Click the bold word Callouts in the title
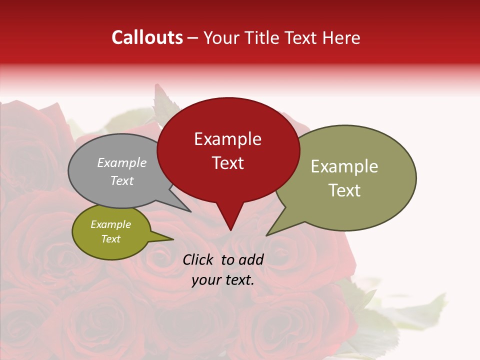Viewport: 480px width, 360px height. click(147, 37)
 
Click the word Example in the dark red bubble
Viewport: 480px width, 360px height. click(227, 139)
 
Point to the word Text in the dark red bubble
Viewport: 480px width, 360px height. click(227, 163)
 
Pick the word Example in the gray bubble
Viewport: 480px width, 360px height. click(122, 162)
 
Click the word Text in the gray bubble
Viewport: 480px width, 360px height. click(122, 180)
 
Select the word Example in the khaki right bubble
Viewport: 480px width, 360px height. click(344, 166)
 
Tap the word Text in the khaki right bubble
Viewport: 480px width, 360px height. click(344, 190)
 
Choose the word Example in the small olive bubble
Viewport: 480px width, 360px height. click(110, 224)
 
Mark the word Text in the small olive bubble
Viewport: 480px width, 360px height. click(110, 239)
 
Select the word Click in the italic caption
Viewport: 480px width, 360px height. click(199, 259)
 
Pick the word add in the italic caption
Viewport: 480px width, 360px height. click(250, 259)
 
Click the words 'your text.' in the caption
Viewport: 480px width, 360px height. click(222, 280)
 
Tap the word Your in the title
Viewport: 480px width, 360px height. click(220, 38)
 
